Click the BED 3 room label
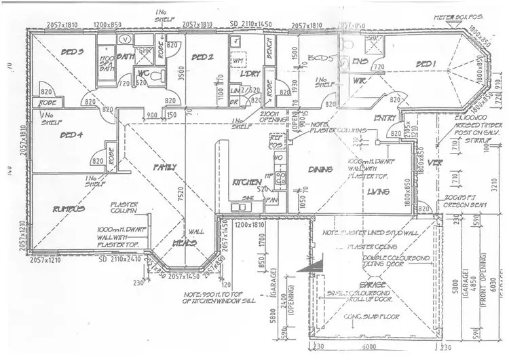tap(71, 52)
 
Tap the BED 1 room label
tap(426, 64)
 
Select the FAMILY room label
tap(164, 166)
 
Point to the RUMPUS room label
tap(71, 209)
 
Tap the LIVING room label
tap(377, 192)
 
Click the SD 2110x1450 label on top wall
tap(250, 24)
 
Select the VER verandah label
tap(437, 163)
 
